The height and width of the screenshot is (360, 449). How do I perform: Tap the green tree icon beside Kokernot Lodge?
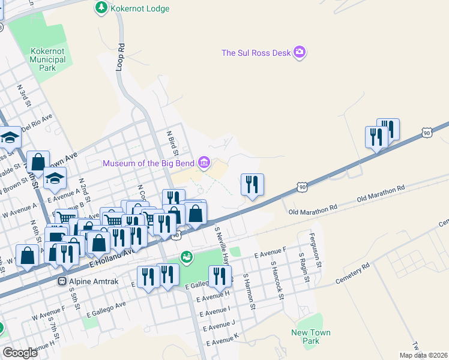(101, 8)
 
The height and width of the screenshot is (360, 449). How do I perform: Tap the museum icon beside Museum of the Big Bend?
(205, 163)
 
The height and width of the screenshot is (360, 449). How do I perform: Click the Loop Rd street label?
(120, 56)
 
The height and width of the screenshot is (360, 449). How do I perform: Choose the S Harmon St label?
(249, 292)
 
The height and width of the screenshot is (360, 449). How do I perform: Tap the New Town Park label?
(310, 337)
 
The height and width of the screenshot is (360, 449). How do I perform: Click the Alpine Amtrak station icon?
(61, 281)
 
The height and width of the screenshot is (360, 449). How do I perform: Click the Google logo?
(20, 352)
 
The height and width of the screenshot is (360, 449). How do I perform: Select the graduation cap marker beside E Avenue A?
(55, 178)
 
